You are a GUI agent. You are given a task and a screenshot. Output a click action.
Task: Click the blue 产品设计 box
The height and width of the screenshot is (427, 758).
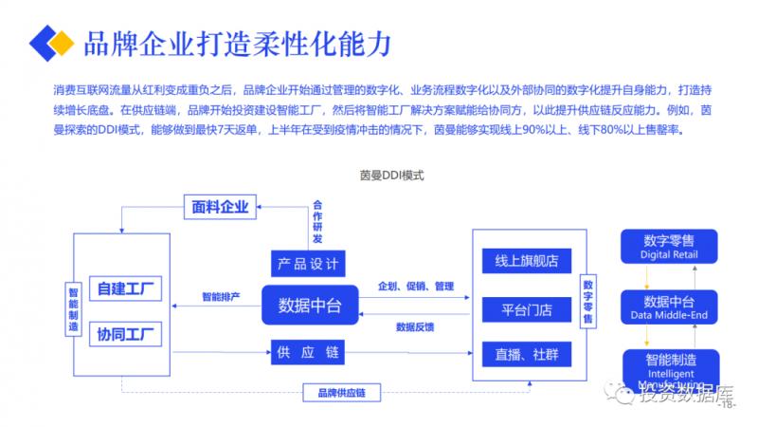pyautogui.click(x=306, y=263)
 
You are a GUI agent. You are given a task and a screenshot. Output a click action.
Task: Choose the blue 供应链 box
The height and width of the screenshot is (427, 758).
pyautogui.click(x=306, y=352)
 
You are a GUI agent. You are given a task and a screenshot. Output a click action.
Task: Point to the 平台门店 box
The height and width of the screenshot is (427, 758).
pyautogui.click(x=520, y=308)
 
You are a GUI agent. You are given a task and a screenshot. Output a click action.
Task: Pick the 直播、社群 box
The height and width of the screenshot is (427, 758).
pyautogui.click(x=520, y=354)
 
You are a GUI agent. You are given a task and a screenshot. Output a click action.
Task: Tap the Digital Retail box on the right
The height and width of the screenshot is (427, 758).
pyautogui.click(x=669, y=246)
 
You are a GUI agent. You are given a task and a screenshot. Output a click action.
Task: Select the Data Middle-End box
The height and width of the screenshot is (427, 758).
pyautogui.click(x=669, y=305)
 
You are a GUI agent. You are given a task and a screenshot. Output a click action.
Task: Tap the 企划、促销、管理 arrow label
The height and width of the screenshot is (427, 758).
pyautogui.click(x=416, y=286)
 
